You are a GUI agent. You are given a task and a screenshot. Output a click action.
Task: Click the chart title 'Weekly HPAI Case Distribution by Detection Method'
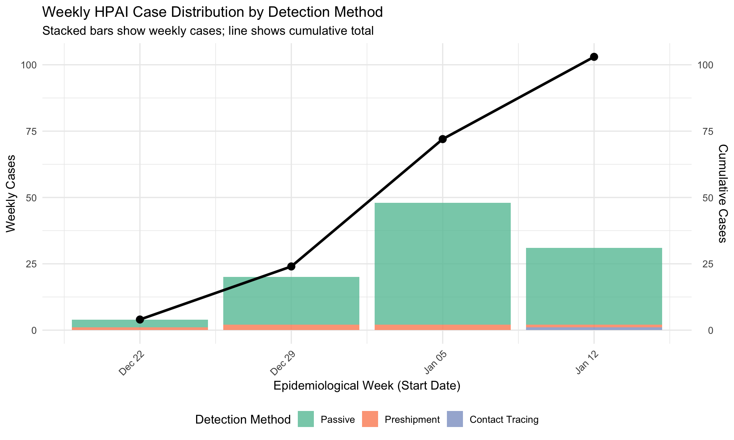tap(212, 12)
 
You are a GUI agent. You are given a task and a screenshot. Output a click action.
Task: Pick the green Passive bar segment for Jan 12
tap(594, 286)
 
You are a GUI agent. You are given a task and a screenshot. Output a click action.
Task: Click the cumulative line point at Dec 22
tap(140, 319)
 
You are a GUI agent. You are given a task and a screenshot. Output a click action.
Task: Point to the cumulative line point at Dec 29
tap(291, 266)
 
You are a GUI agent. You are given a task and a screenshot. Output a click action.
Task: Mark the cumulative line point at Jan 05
tap(442, 139)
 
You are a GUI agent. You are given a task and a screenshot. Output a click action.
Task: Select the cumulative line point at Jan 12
tap(594, 57)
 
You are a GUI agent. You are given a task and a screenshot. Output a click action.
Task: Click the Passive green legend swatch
tap(305, 419)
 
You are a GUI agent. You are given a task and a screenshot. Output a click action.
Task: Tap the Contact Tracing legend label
tap(503, 420)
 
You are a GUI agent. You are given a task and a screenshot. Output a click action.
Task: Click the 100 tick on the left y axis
tap(29, 65)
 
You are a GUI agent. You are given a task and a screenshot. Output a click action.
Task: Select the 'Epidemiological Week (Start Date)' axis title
tap(367, 386)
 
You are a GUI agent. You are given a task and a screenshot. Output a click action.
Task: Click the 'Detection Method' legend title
tap(243, 420)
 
